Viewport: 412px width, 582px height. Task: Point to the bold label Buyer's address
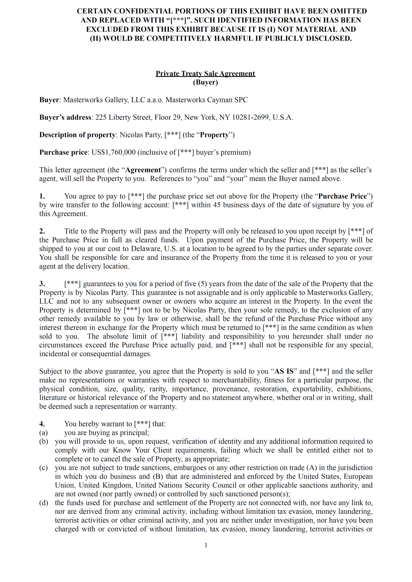coord(65,117)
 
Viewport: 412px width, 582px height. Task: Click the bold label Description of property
coord(77,135)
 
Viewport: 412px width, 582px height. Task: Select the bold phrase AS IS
coord(284,371)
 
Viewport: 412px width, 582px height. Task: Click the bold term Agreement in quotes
coord(143,170)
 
